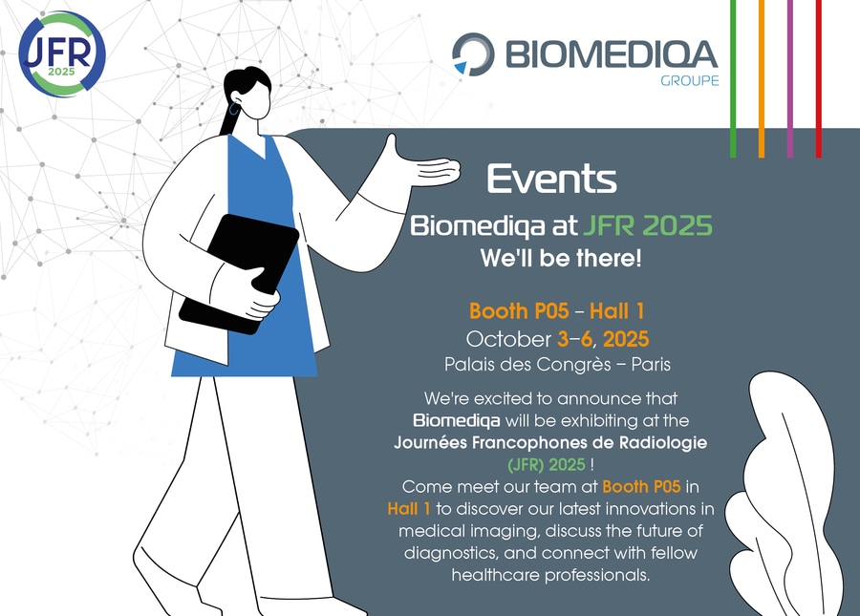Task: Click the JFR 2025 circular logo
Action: pyautogui.click(x=61, y=53)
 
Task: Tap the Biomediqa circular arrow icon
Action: pyautogui.click(x=473, y=53)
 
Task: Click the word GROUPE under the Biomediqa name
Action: pyautogui.click(x=689, y=80)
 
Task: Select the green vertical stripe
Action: pyautogui.click(x=733, y=79)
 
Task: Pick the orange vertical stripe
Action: pyautogui.click(x=762, y=79)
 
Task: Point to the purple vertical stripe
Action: pyautogui.click(x=790, y=79)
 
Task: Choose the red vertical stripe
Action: pyautogui.click(x=818, y=79)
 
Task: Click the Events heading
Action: pyautogui.click(x=551, y=179)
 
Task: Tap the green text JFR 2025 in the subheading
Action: pyautogui.click(x=647, y=225)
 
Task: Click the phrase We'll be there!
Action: pyautogui.click(x=561, y=258)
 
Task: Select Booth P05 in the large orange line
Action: pyautogui.click(x=519, y=311)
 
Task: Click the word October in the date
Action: pyautogui.click(x=508, y=339)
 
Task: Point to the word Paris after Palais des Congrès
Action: pyautogui.click(x=651, y=365)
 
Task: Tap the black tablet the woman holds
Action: pyautogui.click(x=239, y=274)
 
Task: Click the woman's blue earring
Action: pyautogui.click(x=235, y=108)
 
